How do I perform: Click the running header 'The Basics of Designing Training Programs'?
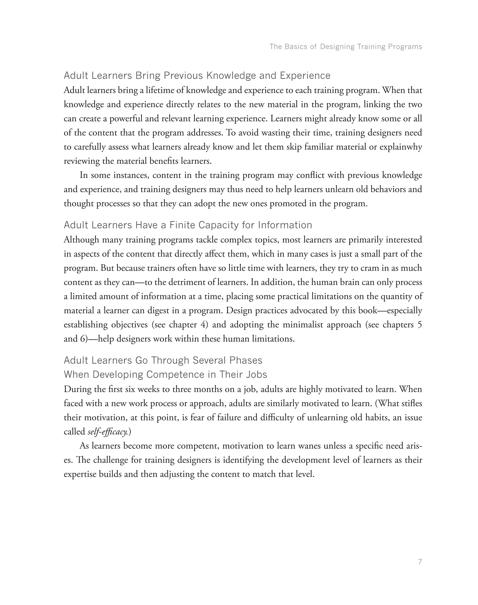pos(346,46)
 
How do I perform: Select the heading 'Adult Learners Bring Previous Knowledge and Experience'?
pos(197,76)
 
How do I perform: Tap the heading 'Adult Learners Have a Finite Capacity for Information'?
pos(188,225)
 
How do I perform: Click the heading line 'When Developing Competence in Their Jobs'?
pos(165,374)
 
